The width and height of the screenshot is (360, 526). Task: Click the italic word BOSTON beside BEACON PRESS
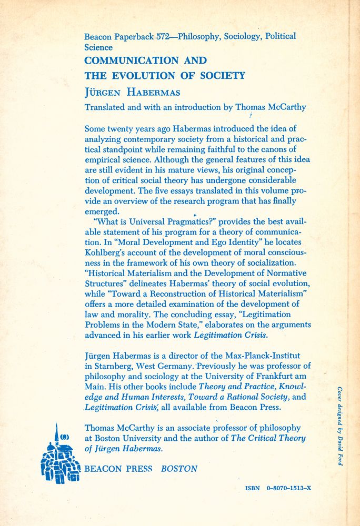coord(179,468)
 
